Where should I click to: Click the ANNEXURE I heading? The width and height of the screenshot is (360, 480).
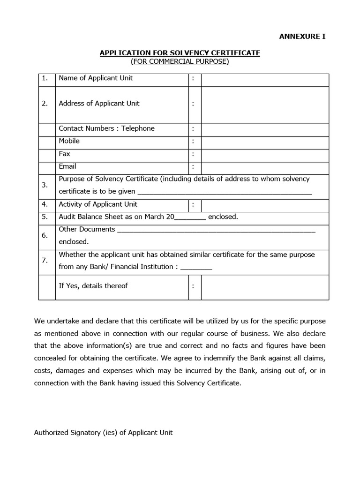click(302, 36)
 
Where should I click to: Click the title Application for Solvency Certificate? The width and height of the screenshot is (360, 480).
click(180, 53)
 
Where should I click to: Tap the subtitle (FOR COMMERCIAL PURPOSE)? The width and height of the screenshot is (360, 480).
click(180, 61)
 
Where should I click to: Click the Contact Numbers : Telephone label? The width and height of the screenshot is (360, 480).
click(106, 128)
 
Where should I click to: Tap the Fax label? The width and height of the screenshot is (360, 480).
click(64, 154)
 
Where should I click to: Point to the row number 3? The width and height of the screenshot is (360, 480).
click(45, 185)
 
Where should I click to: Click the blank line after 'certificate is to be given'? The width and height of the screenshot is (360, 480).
click(225, 192)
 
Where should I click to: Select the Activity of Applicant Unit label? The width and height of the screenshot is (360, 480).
click(98, 204)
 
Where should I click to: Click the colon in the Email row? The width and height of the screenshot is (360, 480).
click(193, 167)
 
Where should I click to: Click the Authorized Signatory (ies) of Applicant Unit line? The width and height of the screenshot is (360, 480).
click(103, 433)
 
